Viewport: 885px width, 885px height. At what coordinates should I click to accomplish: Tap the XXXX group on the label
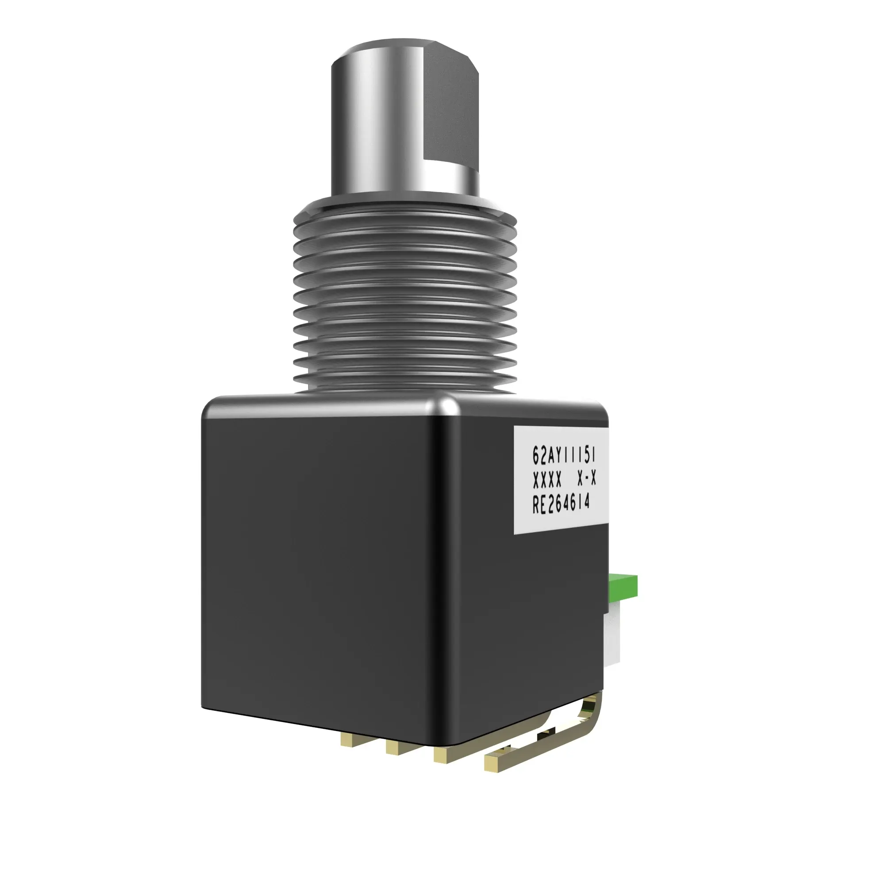tap(547, 481)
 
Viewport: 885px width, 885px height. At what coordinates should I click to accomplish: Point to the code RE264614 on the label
tap(561, 505)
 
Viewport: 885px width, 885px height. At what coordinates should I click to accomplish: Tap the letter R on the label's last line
tap(536, 507)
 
